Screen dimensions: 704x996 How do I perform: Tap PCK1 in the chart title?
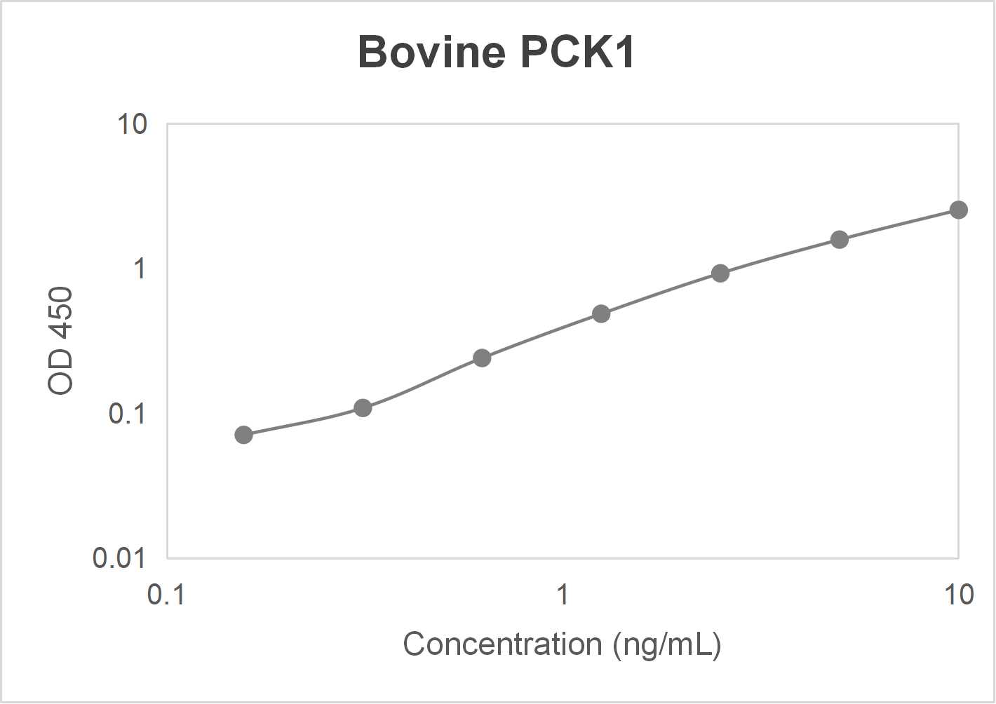[578, 52]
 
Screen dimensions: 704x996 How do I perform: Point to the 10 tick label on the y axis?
[132, 125]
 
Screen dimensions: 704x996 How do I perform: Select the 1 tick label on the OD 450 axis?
[140, 269]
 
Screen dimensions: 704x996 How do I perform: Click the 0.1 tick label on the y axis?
[127, 414]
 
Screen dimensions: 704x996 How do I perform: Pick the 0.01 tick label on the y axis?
[119, 558]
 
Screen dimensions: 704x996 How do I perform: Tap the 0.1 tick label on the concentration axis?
[166, 595]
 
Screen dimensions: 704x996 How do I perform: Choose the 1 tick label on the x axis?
[562, 595]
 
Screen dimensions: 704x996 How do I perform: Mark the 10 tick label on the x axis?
[958, 595]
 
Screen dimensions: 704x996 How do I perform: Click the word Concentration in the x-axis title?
[502, 644]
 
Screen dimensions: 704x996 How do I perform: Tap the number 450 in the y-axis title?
[61, 313]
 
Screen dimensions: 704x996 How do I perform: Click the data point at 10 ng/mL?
[958, 210]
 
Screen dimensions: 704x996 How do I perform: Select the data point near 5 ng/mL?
[839, 240]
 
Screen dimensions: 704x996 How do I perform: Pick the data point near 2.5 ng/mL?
[720, 273]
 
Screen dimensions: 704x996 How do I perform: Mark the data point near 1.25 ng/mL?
[600, 313]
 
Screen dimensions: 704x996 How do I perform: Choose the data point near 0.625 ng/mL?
[481, 358]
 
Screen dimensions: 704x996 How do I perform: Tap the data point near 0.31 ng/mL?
[362, 407]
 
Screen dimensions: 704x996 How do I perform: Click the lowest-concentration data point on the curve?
[243, 435]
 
